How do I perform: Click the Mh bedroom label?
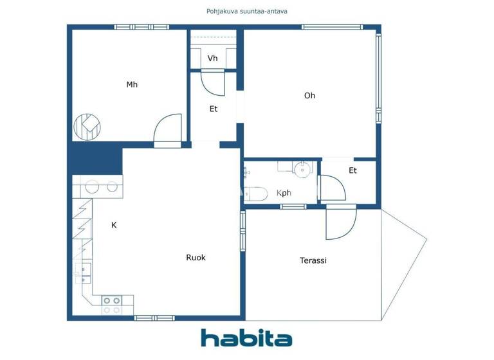132,84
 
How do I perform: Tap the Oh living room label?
309,96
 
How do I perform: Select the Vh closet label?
212,59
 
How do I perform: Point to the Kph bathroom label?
284,193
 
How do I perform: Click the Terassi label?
313,260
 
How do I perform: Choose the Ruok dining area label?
196,257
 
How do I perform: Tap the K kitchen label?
114,225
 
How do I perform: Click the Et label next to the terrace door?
352,170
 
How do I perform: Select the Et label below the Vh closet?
214,109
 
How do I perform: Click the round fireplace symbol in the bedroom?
87,127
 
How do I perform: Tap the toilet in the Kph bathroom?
255,194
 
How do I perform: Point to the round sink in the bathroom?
301,168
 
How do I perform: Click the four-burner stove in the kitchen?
111,304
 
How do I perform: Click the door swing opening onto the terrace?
340,223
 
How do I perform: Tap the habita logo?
246,338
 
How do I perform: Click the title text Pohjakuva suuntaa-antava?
246,11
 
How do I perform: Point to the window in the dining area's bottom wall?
154,318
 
